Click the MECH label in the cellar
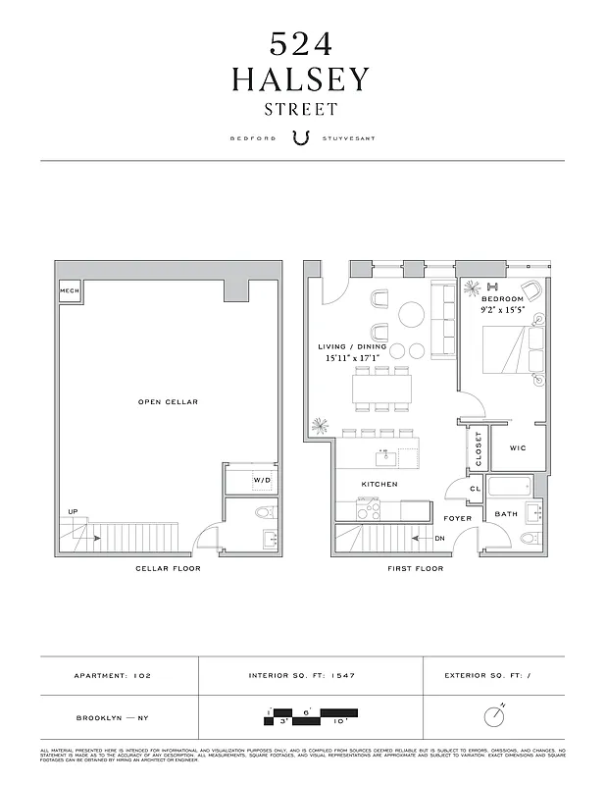pyautogui.click(x=69, y=291)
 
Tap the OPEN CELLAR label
pyautogui.click(x=169, y=402)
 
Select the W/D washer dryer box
pyautogui.click(x=261, y=480)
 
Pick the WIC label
pyautogui.click(x=518, y=448)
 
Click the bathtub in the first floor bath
pyautogui.click(x=508, y=487)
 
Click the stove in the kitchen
pyautogui.click(x=368, y=508)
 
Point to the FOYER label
pyautogui.click(x=458, y=518)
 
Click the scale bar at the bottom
pyautogui.click(x=312, y=715)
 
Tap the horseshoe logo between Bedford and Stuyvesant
pyautogui.click(x=302, y=138)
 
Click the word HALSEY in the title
pyautogui.click(x=301, y=79)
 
